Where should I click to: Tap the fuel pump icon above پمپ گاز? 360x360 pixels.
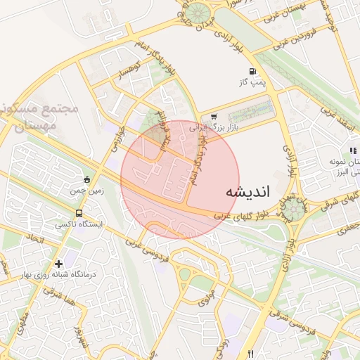[252, 71]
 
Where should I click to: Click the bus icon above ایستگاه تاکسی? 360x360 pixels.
[79, 212]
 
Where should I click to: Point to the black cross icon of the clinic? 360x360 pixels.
[59, 263]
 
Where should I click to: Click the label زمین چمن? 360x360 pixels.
[86, 191]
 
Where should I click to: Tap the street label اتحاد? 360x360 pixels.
[34, 240]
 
